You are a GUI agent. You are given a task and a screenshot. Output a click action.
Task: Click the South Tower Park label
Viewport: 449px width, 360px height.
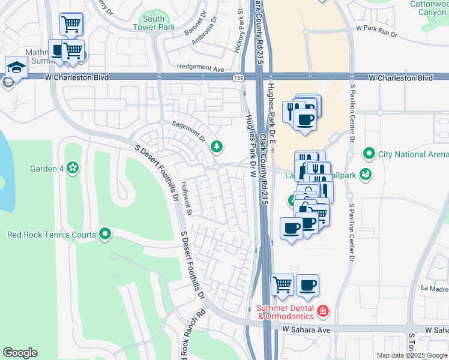click(x=154, y=23)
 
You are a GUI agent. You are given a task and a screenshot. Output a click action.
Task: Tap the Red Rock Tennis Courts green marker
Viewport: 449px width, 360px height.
click(x=106, y=234)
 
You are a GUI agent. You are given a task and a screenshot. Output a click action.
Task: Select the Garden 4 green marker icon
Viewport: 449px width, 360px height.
click(x=73, y=168)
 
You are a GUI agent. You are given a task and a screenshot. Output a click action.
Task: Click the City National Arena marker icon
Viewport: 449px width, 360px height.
click(x=369, y=154)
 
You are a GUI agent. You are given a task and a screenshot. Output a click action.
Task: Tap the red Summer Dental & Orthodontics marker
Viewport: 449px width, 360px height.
click(x=323, y=310)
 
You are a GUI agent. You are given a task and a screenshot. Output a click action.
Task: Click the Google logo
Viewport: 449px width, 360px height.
click(x=20, y=353)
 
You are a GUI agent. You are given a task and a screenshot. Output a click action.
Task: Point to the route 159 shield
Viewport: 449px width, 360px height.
click(x=238, y=78)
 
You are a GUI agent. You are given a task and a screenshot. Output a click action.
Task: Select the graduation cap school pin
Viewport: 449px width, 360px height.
click(x=16, y=67)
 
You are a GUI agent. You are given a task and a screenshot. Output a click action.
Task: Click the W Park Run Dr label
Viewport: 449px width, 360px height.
click(x=376, y=28)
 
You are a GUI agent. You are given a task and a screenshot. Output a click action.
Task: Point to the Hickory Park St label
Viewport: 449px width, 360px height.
click(x=238, y=33)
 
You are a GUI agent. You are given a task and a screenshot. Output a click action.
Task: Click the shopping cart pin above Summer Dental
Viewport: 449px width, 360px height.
click(x=282, y=285)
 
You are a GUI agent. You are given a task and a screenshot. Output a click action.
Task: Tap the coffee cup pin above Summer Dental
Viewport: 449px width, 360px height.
click(x=308, y=285)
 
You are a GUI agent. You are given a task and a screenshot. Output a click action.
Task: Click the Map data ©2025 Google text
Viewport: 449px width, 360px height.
click(x=412, y=355)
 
